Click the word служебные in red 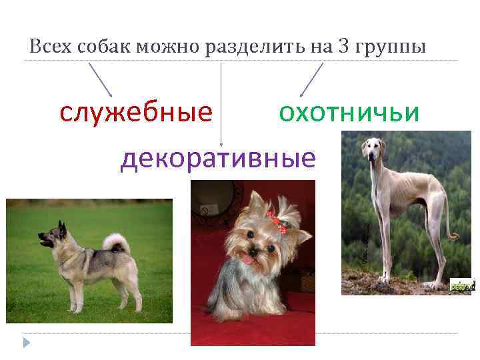[136, 113]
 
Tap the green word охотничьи [349, 113]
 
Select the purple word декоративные [217, 159]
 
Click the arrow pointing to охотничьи [311, 79]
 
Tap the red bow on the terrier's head [277, 223]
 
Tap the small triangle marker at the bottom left [25, 343]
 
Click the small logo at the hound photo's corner [461, 285]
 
